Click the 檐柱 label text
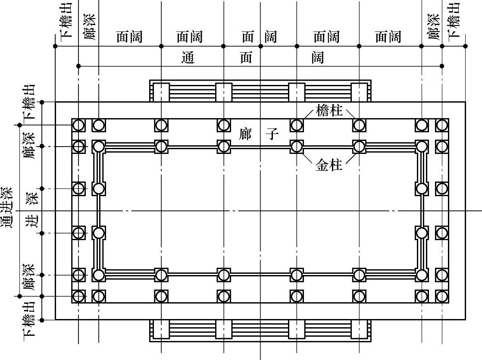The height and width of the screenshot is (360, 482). (329, 111)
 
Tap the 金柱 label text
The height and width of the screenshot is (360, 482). (329, 166)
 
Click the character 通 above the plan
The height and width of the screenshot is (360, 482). (188, 57)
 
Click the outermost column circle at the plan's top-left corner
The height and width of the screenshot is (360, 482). (78, 125)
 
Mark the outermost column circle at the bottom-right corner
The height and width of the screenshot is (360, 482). (442, 296)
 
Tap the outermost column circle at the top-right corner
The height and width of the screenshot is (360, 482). (442, 125)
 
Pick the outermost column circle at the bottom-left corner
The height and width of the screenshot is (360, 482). (78, 296)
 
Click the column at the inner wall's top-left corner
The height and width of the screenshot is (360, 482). (99, 147)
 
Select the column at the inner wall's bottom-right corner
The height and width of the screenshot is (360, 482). (422, 275)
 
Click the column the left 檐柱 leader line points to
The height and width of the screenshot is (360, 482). (297, 125)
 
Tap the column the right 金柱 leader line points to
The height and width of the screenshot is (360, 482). (359, 147)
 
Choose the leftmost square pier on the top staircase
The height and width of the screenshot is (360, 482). (161, 92)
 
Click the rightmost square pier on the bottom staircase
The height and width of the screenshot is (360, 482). (359, 330)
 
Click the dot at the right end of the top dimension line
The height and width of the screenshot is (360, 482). (465, 46)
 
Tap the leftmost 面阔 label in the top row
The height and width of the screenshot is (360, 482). (129, 37)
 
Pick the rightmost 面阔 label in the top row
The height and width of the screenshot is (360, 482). (388, 37)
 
